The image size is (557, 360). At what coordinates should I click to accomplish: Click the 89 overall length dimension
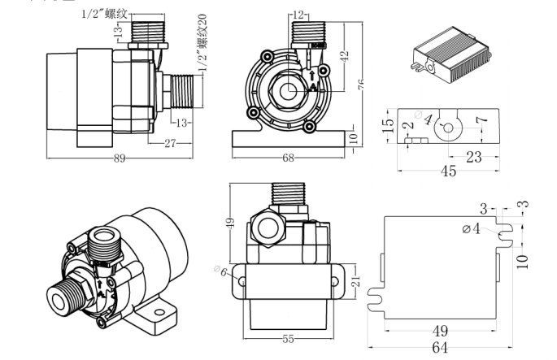(x=120, y=159)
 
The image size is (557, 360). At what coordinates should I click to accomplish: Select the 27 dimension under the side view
(x=169, y=143)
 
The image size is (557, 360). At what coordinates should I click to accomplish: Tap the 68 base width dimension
(x=289, y=158)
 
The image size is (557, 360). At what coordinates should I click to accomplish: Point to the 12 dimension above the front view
(x=299, y=15)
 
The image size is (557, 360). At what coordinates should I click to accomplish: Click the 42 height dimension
(x=344, y=57)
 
